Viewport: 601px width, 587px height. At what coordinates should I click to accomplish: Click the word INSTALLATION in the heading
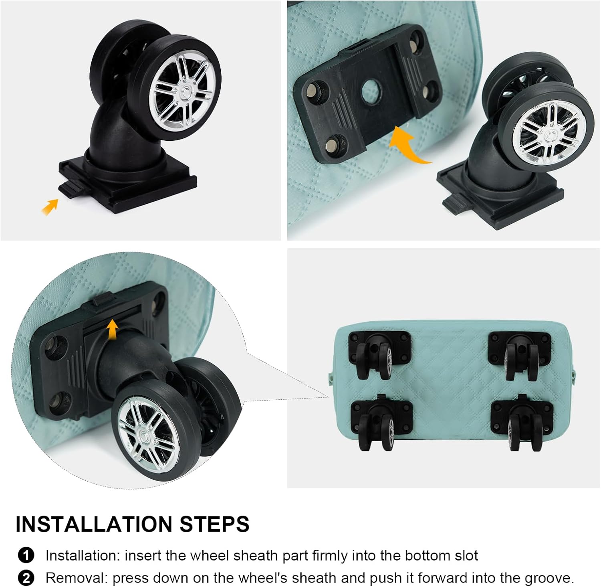coord(94,524)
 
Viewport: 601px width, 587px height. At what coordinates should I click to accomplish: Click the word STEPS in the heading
coord(214,524)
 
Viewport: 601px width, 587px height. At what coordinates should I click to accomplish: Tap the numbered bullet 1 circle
coord(26,556)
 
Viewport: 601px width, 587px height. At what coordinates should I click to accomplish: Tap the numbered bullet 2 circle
coord(26,578)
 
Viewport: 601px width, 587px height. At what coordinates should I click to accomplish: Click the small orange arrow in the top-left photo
coord(50,207)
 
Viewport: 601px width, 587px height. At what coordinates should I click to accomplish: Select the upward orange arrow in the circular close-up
coord(113,329)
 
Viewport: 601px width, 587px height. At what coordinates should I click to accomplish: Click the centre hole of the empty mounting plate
coord(371,91)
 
